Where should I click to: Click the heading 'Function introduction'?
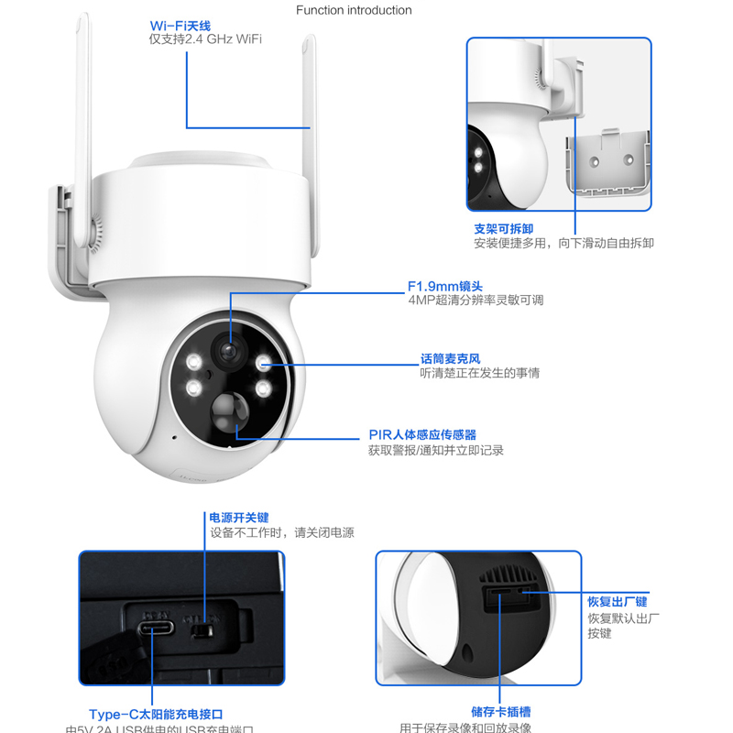[x=354, y=10]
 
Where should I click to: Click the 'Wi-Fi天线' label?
[x=181, y=25]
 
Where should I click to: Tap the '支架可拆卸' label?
[x=503, y=227]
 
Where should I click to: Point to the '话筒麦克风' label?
[x=450, y=358]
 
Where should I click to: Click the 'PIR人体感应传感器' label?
[x=422, y=434]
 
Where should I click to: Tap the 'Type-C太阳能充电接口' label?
[x=156, y=714]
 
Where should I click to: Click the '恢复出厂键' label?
[x=618, y=602]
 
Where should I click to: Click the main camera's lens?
[x=226, y=349]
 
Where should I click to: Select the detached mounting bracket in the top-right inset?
[x=607, y=163]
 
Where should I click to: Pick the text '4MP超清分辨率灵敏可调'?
[x=476, y=300]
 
